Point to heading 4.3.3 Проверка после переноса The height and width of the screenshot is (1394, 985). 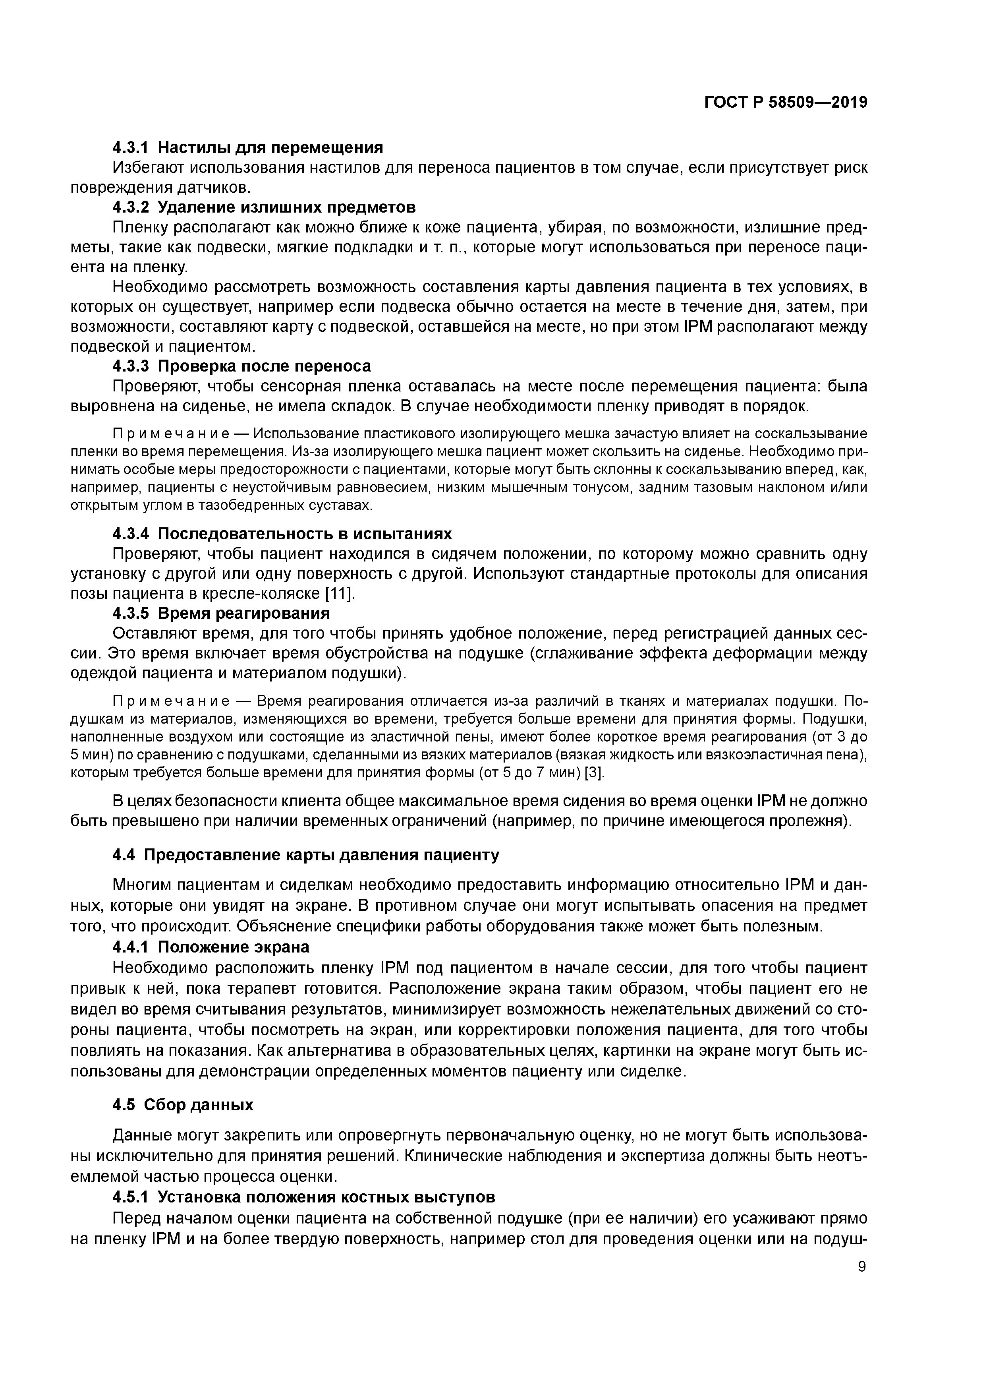(x=241, y=366)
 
